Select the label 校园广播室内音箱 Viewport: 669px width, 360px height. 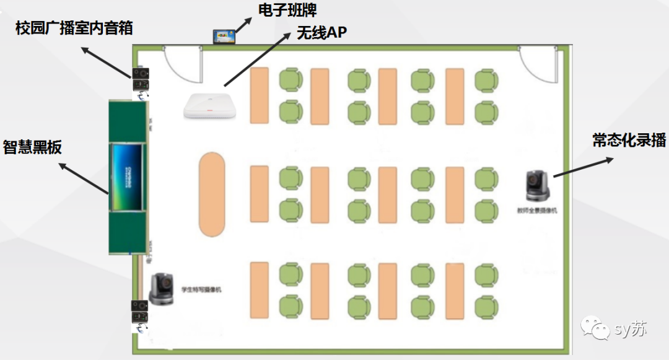tap(74, 28)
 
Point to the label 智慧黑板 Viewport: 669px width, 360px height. tap(32, 147)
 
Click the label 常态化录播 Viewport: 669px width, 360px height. tap(629, 141)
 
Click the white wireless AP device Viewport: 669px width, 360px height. tap(211, 105)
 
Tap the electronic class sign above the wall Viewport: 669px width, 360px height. tap(224, 37)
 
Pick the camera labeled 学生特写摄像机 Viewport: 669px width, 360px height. tap(163, 289)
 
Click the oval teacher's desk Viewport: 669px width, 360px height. tap(212, 194)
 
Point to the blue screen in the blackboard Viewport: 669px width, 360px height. tap(128, 169)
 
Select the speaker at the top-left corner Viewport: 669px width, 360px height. tap(141, 79)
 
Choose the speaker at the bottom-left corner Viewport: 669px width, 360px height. tap(141, 312)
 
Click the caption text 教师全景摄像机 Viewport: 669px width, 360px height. tap(537, 211)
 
